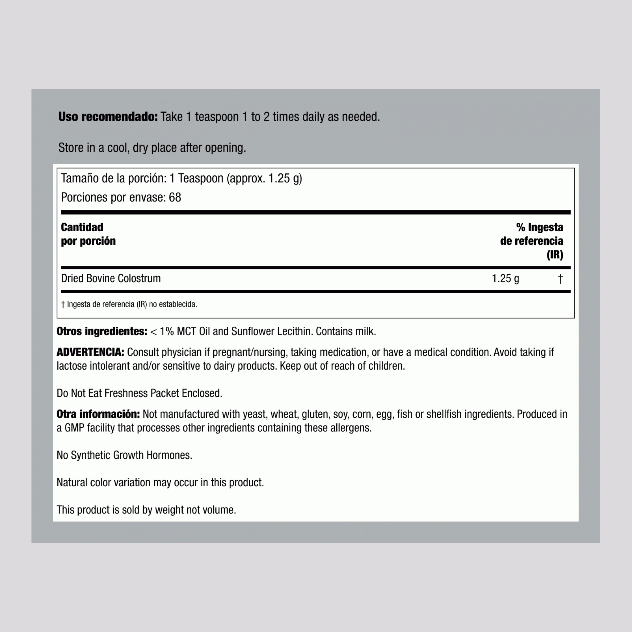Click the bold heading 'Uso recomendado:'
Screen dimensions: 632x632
click(x=108, y=117)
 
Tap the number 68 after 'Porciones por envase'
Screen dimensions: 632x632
click(x=175, y=197)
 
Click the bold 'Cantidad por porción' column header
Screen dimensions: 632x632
click(x=88, y=234)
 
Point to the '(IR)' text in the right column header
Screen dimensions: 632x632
click(x=555, y=255)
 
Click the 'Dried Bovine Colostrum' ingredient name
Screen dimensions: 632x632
click(x=111, y=278)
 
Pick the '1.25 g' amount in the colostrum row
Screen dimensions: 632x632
click(x=505, y=278)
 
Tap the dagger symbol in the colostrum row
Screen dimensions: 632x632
click(x=560, y=279)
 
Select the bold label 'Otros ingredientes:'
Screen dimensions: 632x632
click(x=102, y=331)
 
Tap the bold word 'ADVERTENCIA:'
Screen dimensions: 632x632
click(x=90, y=352)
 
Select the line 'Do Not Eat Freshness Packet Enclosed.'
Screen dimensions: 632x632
click(x=139, y=393)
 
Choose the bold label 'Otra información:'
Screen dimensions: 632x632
click(x=98, y=414)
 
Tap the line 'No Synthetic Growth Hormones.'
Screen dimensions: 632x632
click(x=124, y=455)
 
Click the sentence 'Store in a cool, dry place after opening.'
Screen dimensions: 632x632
click(x=152, y=148)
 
